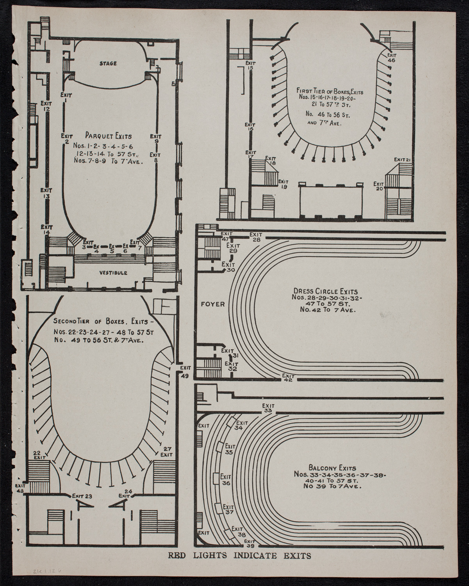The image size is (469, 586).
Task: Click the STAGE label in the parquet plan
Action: pyautogui.click(x=108, y=63)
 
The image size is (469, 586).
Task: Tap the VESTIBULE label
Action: pyautogui.click(x=113, y=273)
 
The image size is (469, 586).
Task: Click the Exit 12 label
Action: pyautogui.click(x=46, y=106)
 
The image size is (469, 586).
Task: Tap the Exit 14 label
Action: pyautogui.click(x=48, y=229)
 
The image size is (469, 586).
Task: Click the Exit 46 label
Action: pyautogui.click(x=391, y=58)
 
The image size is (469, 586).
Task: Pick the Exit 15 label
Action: pyautogui.click(x=250, y=65)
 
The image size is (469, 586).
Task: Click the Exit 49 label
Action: pyautogui.click(x=185, y=372)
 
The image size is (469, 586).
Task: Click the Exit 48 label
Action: pyautogui.click(x=20, y=488)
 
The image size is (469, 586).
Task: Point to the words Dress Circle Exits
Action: pyautogui.click(x=325, y=291)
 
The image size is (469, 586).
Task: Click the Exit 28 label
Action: pyautogui.click(x=256, y=237)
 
